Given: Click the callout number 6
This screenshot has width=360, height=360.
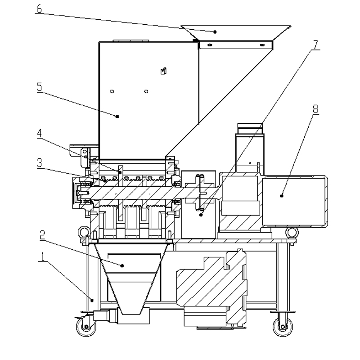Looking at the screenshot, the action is pos(39,9).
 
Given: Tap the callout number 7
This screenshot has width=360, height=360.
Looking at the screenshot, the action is pos(316,45).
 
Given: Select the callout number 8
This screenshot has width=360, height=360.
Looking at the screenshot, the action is pos(316,109).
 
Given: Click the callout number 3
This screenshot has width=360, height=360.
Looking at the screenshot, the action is pos(40,163).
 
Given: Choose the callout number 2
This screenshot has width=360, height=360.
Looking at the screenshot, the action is pos(43,235).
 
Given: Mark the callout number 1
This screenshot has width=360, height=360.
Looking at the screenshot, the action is pos(43,256).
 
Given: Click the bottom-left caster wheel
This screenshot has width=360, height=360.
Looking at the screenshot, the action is pos(86,327).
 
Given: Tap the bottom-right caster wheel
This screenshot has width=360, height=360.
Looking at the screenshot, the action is pos(283,327).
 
